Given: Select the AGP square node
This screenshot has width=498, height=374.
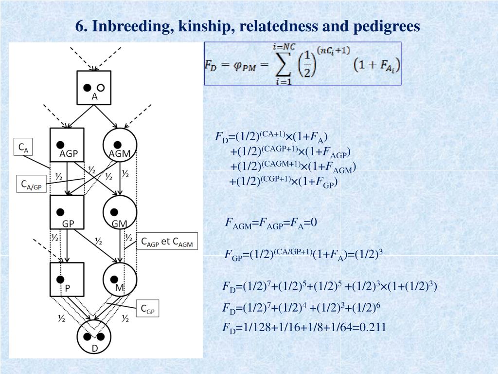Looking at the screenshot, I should coord(67,145).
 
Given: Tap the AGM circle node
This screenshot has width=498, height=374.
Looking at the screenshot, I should coord(120,145).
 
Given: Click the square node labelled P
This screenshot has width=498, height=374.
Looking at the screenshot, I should coord(67,280).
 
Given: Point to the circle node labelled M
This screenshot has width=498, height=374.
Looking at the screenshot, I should coord(120,280).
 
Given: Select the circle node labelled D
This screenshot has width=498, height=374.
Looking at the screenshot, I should coord(94,337).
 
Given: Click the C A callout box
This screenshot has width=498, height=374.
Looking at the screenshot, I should coord(23,148).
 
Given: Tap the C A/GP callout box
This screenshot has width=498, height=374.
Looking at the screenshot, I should coord(31,185).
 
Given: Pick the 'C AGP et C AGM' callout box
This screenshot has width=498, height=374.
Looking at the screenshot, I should coord(167,242).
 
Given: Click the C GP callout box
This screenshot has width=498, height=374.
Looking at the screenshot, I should coord(147,308).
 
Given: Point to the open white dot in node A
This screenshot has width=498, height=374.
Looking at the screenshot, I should coord(101,88).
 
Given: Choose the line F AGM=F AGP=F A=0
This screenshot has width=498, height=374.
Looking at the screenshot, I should coord(271,223).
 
